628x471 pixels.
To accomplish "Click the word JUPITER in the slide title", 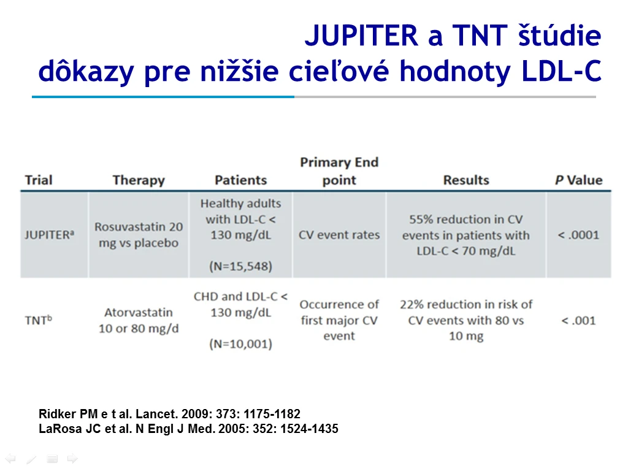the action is tap(362, 36).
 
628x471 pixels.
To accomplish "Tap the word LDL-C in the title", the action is tap(561, 71).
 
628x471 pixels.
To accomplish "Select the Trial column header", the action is tap(39, 180).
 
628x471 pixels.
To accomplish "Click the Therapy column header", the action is tap(139, 180).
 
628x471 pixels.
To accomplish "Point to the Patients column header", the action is tap(240, 180).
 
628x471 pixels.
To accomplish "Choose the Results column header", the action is tap(466, 180).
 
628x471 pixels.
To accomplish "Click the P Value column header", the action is tap(579, 180).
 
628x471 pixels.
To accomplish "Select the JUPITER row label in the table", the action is tap(49, 235).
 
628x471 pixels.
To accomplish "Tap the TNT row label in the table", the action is tap(39, 320).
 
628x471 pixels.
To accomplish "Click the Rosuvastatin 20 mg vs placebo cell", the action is tap(139, 235).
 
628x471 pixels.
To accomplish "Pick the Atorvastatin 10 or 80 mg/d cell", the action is tap(139, 320).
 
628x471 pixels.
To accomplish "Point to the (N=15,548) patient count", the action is tap(240, 266).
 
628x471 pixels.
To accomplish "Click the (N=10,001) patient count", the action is tap(240, 343).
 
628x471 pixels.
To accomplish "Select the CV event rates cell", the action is tap(339, 235).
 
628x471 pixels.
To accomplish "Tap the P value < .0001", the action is tap(579, 235).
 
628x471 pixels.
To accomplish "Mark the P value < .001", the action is tap(579, 320).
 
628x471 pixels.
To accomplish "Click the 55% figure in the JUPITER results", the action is tap(421, 220).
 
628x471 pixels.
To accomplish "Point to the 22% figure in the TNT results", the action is tap(412, 304).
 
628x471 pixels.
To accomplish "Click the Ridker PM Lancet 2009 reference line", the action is tap(169, 414).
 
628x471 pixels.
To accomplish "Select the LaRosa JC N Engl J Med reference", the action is tap(188, 429).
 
